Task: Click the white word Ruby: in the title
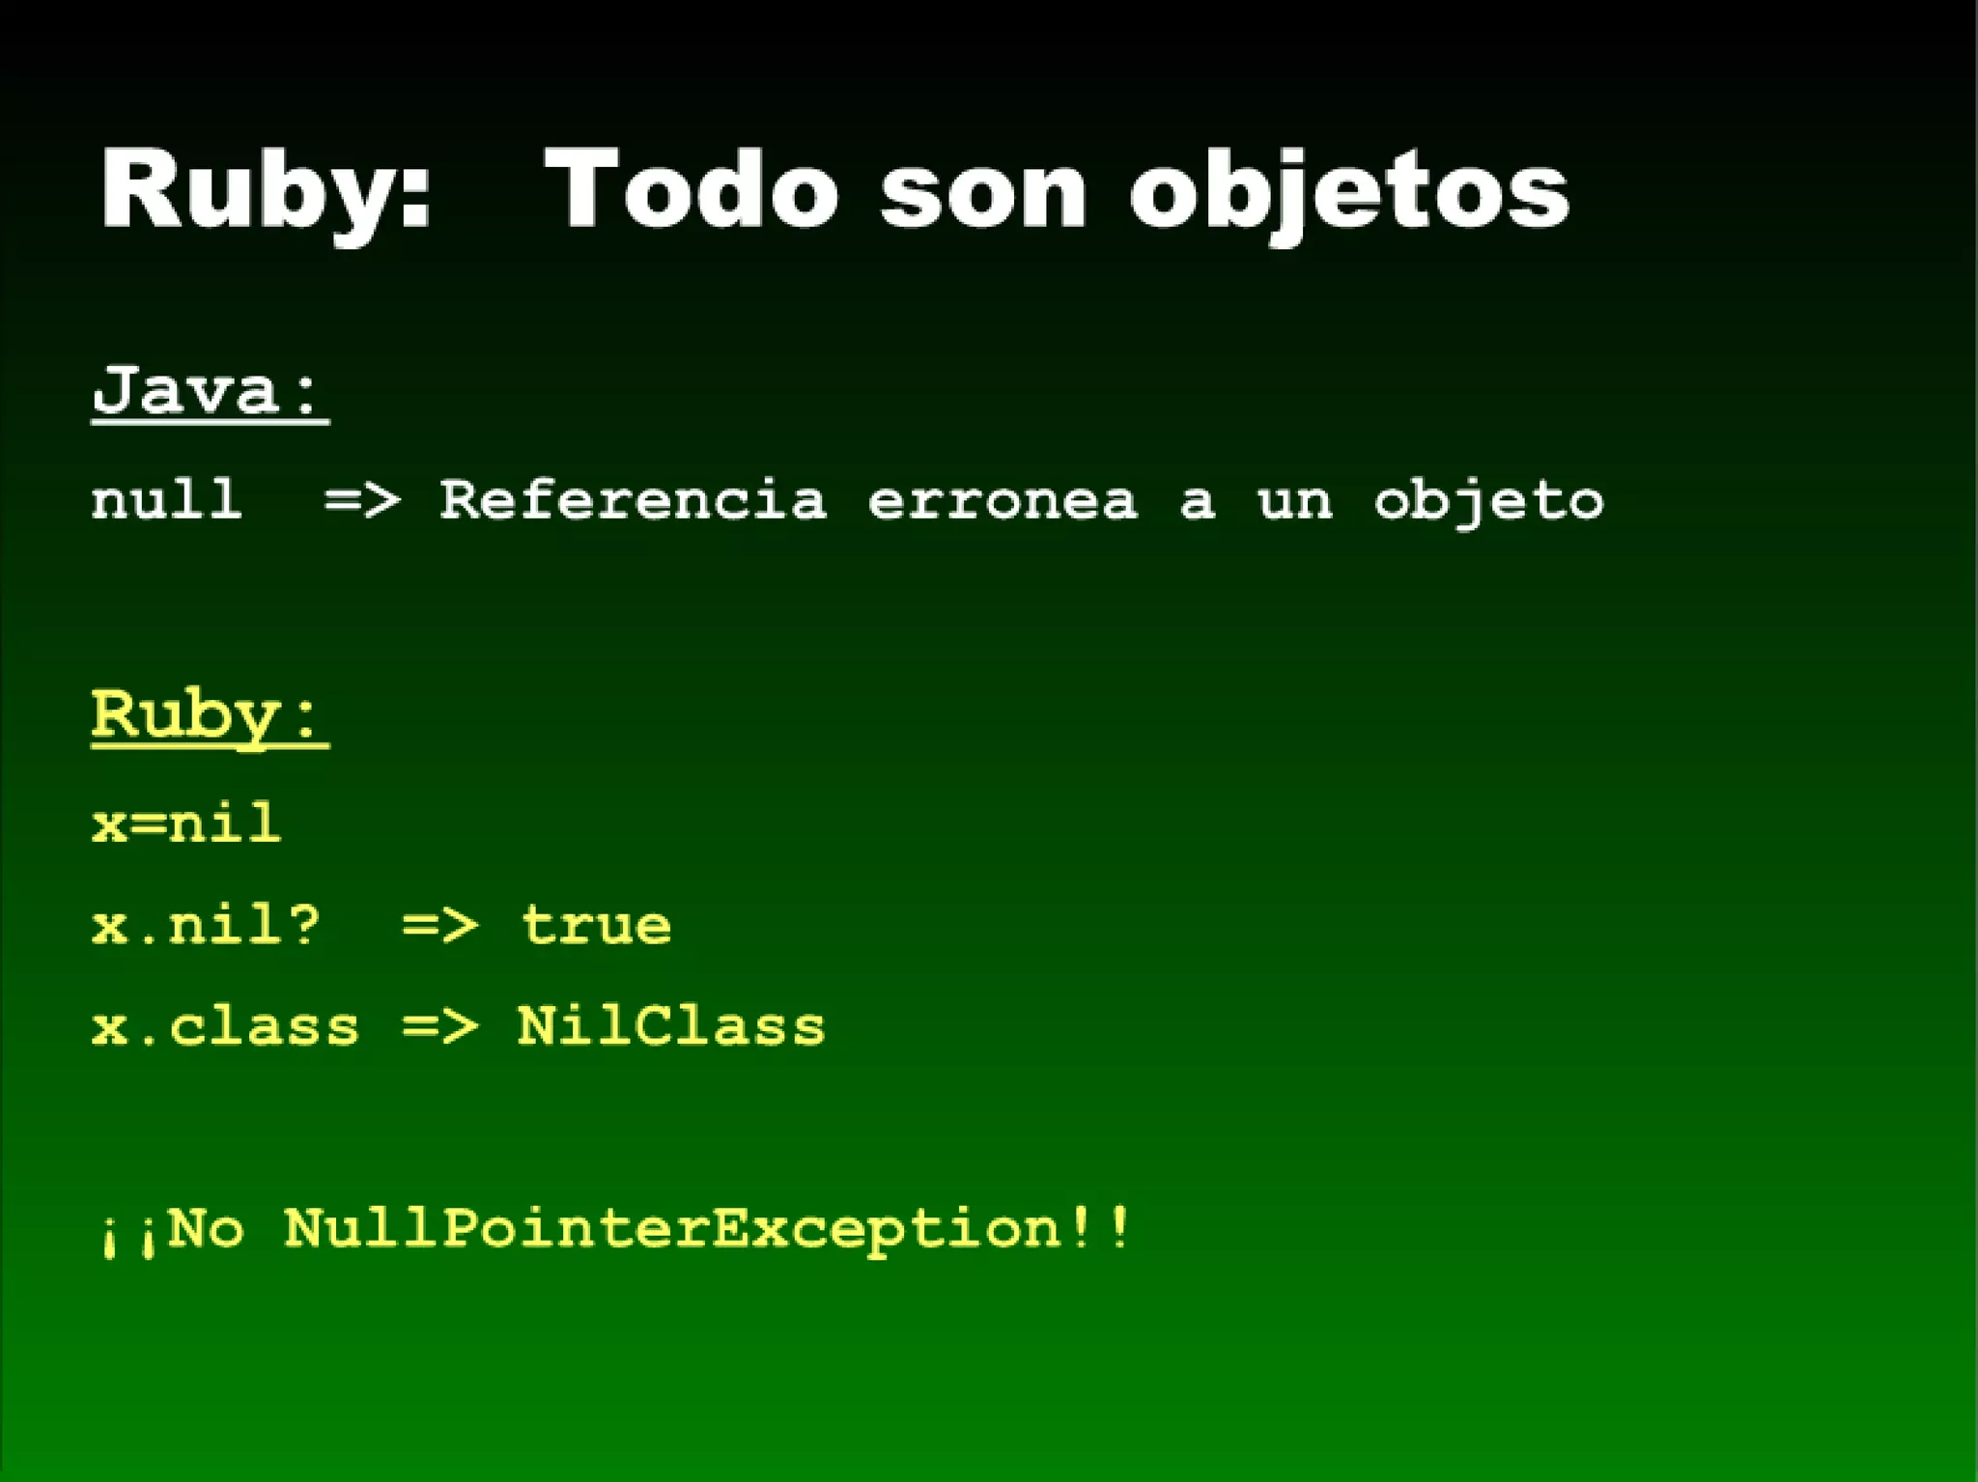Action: pos(266,190)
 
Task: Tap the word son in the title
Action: pos(983,190)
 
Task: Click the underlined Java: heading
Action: pos(211,391)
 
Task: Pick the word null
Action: pos(166,500)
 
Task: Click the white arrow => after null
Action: pos(361,500)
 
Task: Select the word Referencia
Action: pos(633,500)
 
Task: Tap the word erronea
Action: pos(1003,500)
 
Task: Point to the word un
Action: pos(1295,500)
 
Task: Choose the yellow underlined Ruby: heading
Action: pos(211,715)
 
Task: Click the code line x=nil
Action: pos(186,824)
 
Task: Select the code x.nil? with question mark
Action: pos(206,925)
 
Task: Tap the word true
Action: pos(596,925)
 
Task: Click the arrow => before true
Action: pos(439,925)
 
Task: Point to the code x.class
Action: pos(225,1025)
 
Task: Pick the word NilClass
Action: pos(671,1025)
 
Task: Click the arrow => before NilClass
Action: pos(439,1025)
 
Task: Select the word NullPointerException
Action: pos(673,1229)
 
